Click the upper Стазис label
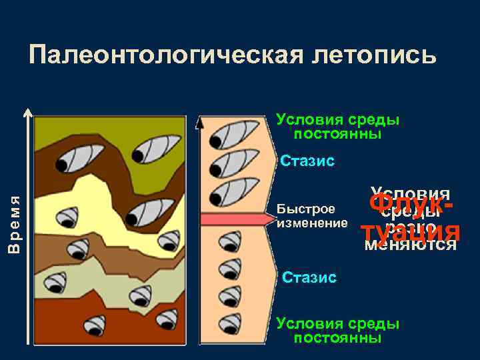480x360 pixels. pos(307,161)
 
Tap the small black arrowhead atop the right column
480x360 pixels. pos(199,123)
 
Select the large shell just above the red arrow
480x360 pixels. pos(230,192)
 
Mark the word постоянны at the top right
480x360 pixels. pos(337,135)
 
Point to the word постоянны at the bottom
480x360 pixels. pos(337,338)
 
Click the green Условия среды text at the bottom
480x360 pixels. pos(337,324)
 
